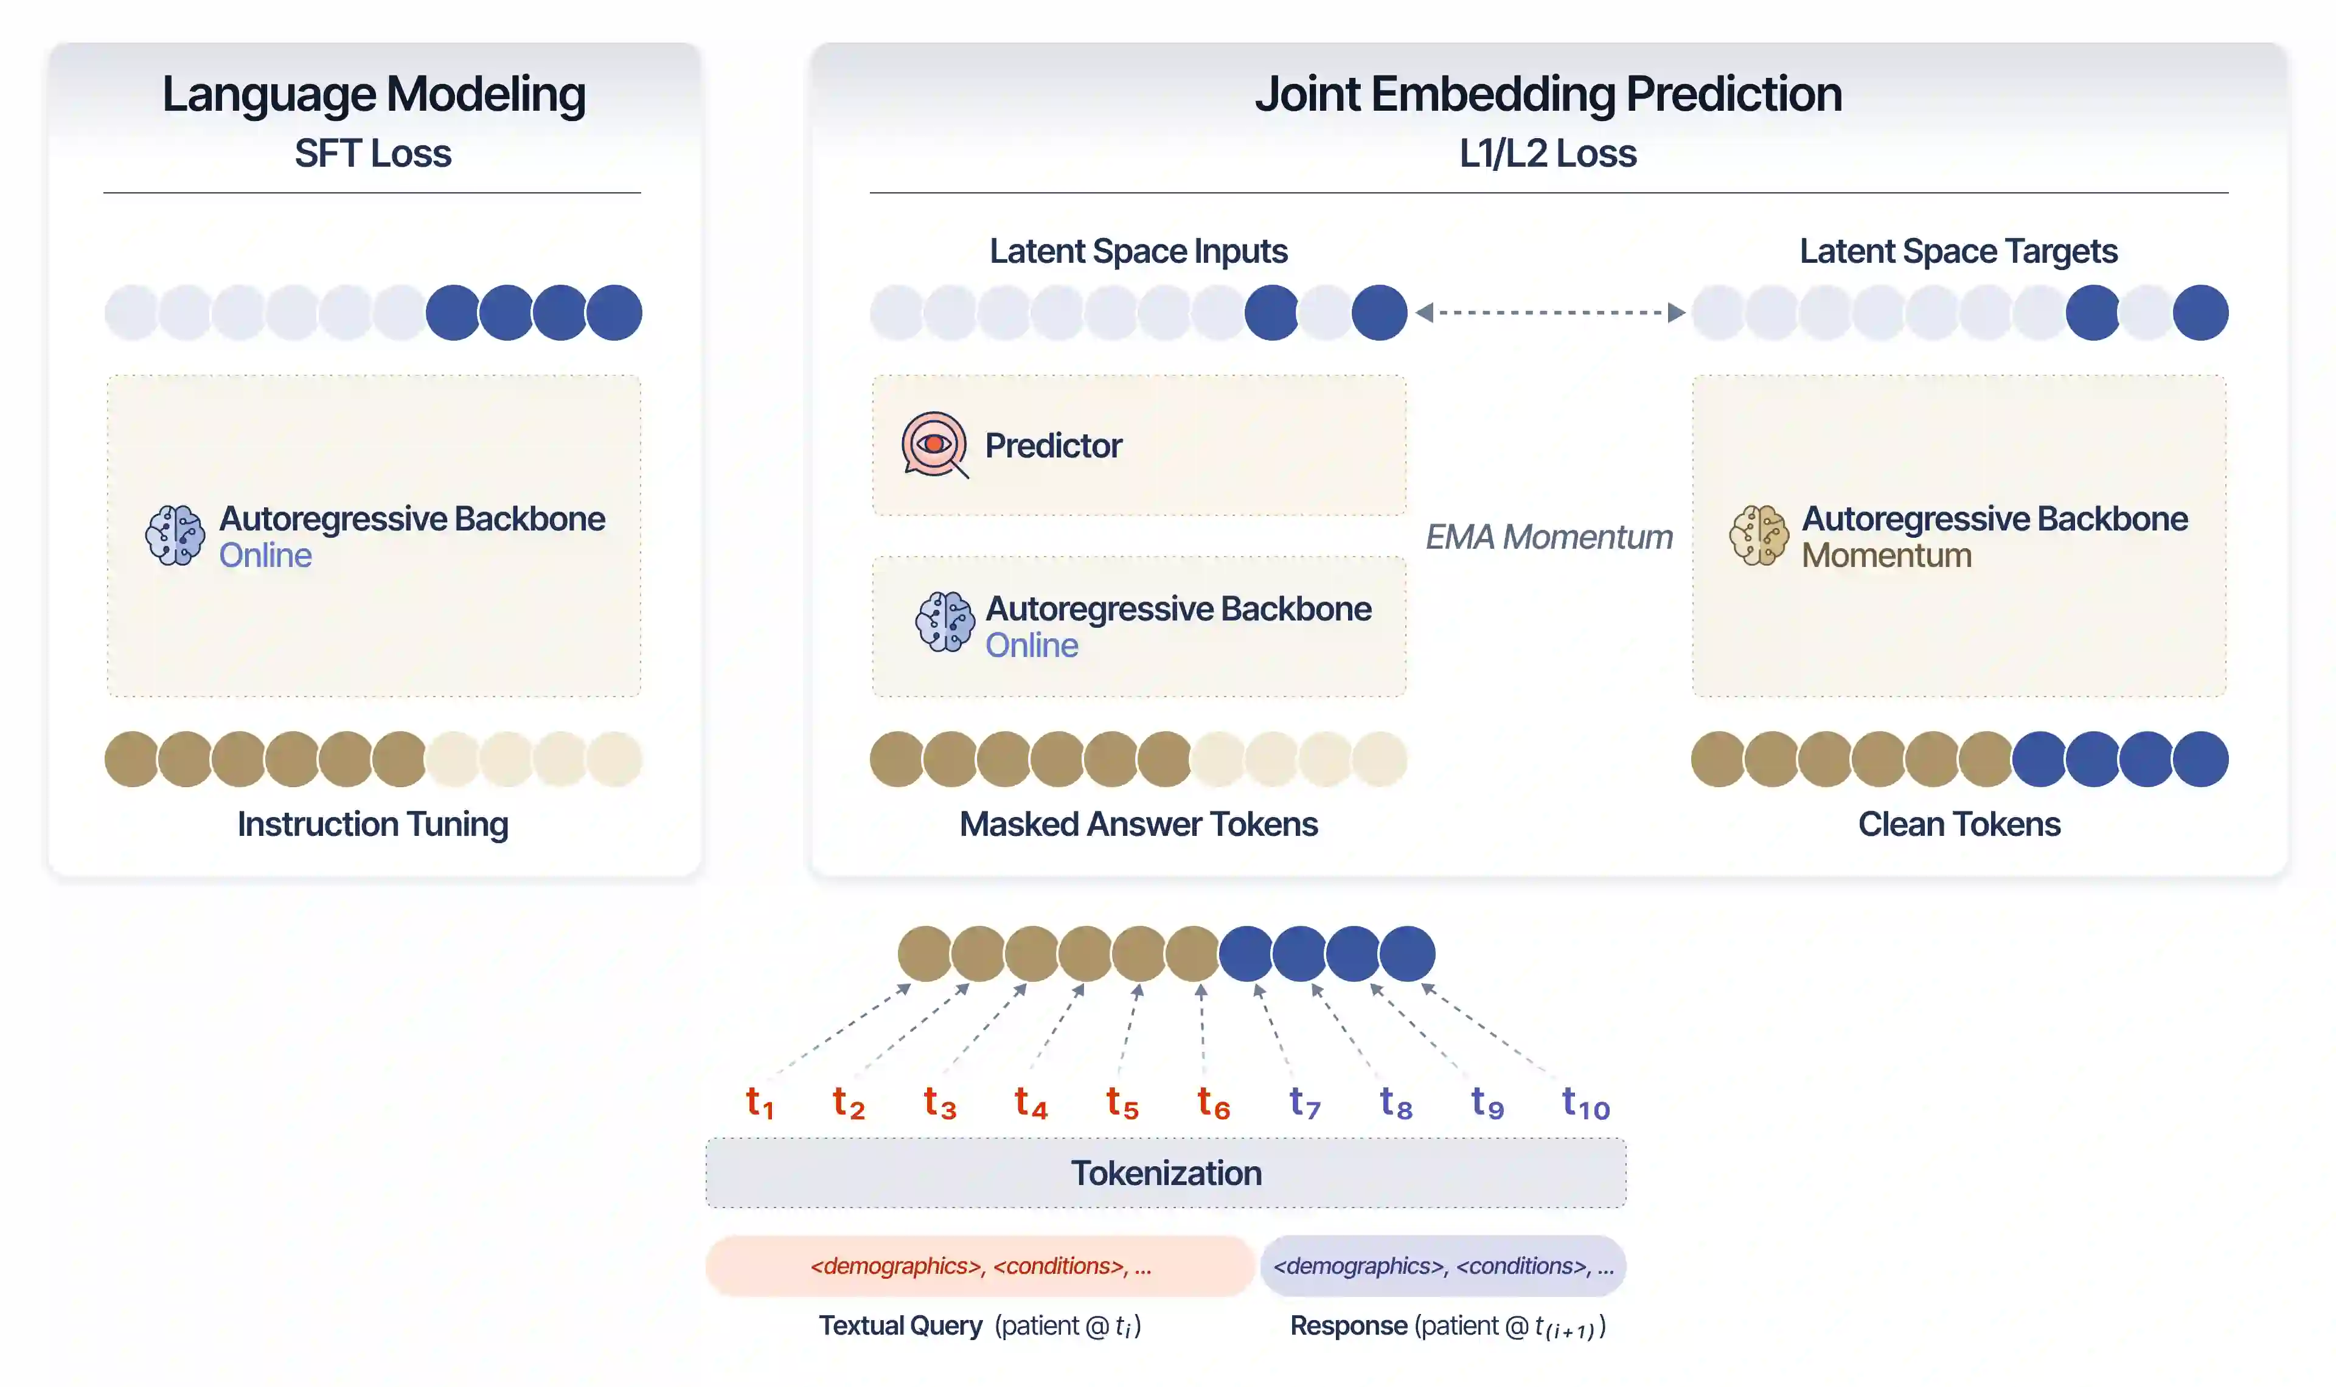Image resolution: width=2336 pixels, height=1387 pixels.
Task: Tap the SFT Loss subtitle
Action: [x=373, y=153]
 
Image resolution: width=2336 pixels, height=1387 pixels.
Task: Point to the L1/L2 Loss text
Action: [x=1548, y=153]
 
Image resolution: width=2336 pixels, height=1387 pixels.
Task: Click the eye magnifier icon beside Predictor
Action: [x=933, y=445]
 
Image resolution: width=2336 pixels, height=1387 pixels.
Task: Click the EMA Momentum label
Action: [x=1548, y=537]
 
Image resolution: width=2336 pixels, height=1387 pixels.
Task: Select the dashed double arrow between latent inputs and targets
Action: [x=1549, y=312]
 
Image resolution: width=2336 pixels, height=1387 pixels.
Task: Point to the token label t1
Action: [x=759, y=1103]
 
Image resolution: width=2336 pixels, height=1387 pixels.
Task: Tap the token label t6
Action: [x=1213, y=1103]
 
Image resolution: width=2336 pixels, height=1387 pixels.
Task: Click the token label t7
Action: [x=1304, y=1103]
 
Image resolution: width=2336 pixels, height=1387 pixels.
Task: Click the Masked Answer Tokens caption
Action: [x=1138, y=824]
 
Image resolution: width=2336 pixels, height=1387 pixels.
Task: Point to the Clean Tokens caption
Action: [x=1958, y=824]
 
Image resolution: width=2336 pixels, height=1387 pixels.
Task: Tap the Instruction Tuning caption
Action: [x=373, y=824]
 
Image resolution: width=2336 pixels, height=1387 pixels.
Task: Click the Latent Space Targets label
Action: [x=1958, y=251]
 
